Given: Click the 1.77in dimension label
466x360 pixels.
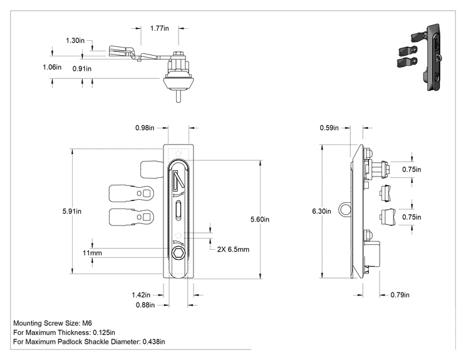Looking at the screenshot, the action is [159, 28].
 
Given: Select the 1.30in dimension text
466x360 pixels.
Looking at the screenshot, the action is [75, 41].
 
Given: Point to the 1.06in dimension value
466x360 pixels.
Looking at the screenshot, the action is [52, 67].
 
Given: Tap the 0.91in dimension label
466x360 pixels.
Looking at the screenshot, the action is [81, 69].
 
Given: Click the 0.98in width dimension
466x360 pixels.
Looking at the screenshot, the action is [145, 128].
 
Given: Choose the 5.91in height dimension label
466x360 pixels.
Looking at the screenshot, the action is [72, 211].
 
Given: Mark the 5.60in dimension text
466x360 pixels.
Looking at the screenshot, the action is [260, 219].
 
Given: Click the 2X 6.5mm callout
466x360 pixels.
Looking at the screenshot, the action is [233, 249].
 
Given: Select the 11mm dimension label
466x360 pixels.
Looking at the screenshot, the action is [92, 253].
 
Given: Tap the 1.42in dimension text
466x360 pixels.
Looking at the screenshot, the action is [141, 295].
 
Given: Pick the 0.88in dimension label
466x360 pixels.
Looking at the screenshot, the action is [145, 305].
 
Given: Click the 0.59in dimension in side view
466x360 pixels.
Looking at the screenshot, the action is [329, 128].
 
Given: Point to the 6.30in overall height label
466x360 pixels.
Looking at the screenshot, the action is [321, 211].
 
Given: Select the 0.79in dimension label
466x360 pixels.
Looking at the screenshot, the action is [400, 295].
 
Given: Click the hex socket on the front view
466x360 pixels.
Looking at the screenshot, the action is [179, 253].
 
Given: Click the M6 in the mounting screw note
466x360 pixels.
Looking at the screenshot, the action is [87, 323].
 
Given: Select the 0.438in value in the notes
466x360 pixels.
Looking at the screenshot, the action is [153, 342].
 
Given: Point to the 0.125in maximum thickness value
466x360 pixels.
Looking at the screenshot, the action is [104, 332].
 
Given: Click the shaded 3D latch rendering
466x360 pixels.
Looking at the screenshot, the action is [420, 57].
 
